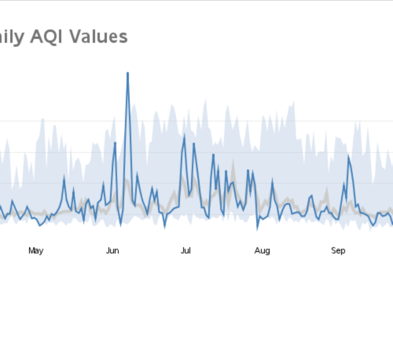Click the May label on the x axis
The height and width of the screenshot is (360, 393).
[36, 251]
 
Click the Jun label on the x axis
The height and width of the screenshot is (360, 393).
[112, 251]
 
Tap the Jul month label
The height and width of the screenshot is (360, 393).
[185, 251]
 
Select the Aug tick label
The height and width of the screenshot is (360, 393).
[262, 251]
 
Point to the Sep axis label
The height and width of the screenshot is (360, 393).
[338, 251]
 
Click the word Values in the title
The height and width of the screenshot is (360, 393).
[99, 37]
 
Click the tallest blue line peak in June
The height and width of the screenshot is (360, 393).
[128, 73]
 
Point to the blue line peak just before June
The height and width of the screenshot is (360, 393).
[115, 143]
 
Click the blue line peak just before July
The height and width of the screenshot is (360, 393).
[184, 136]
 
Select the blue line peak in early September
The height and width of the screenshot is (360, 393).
[349, 156]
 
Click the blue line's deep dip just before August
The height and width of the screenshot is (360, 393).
[257, 228]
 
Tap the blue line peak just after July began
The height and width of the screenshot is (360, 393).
[194, 144]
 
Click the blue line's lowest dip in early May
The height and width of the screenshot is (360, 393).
[40, 226]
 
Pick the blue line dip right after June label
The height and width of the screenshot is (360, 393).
[120, 225]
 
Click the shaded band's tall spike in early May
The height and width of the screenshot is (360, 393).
[43, 119]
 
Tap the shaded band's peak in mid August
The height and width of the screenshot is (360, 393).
[293, 102]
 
